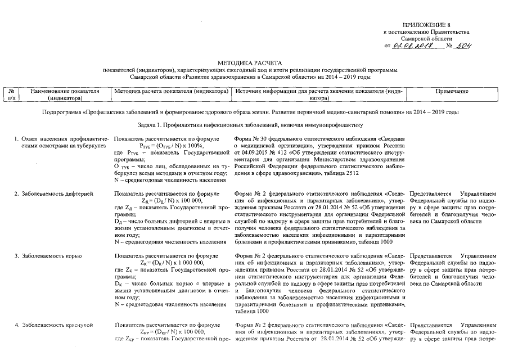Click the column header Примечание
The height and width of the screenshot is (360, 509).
452,91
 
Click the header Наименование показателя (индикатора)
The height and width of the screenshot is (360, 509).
65,94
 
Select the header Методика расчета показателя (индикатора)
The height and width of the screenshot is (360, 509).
170,91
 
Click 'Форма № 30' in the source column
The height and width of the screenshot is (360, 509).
248,138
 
